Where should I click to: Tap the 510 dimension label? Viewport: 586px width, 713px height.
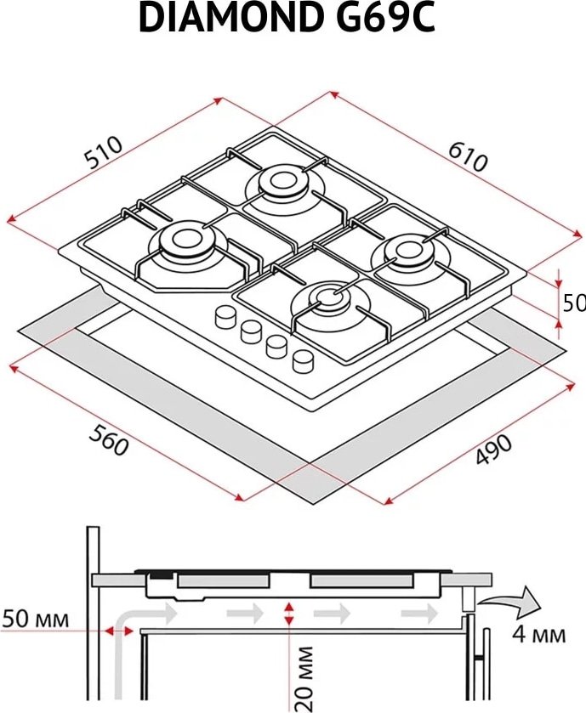pyautogui.click(x=105, y=152)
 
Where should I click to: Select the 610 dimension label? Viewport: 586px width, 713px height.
pyautogui.click(x=468, y=156)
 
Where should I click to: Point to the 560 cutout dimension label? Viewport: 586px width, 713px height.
pyautogui.click(x=108, y=440)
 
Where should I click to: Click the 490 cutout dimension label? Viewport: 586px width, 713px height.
pyautogui.click(x=493, y=450)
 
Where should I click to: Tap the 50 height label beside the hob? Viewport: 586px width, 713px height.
pyautogui.click(x=574, y=303)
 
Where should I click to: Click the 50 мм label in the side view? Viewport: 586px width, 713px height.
pyautogui.click(x=36, y=619)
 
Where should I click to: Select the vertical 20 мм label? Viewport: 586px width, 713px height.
pyautogui.click(x=304, y=678)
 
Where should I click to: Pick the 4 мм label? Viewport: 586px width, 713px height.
pyautogui.click(x=539, y=634)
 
